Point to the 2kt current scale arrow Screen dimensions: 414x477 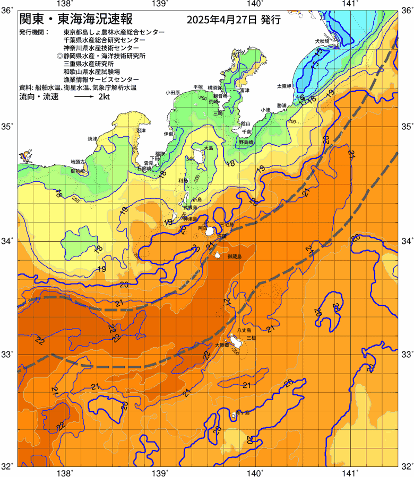coord(84,98)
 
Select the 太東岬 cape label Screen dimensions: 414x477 coord(283,85)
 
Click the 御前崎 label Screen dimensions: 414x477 coord(77,171)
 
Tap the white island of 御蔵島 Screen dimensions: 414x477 coord(218,255)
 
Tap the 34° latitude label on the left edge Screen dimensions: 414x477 coord(8,241)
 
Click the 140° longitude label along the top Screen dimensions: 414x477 coord(255,4)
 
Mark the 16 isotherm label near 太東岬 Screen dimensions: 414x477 coord(300,98)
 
